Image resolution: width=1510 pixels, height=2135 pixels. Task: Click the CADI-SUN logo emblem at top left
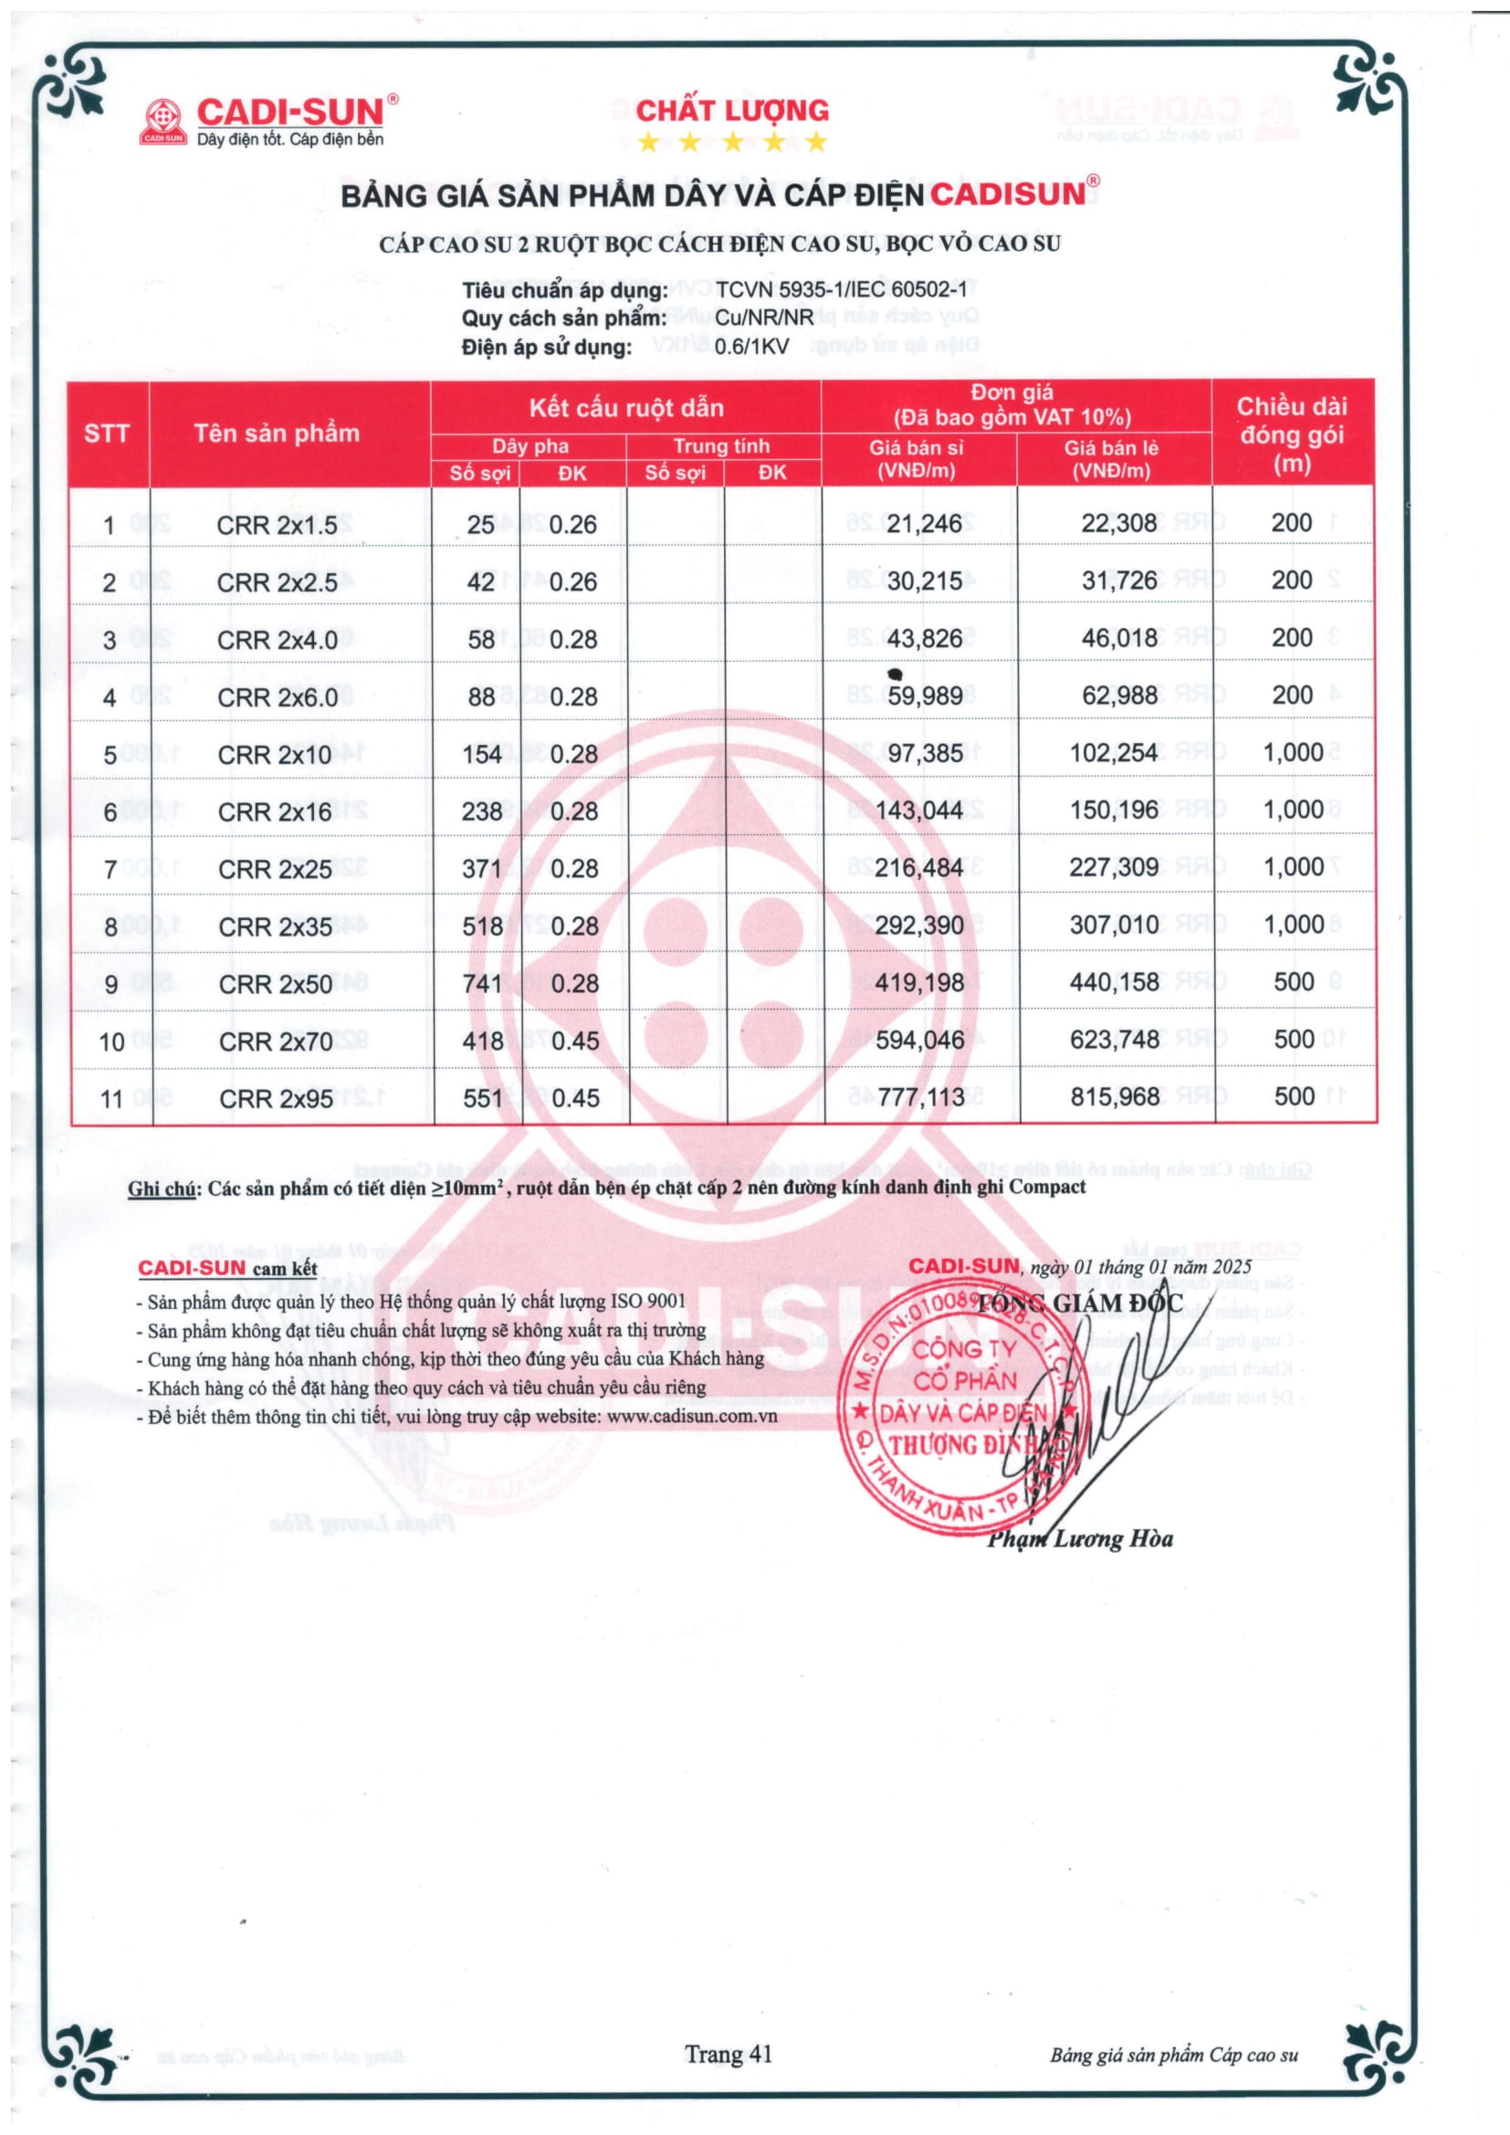(x=163, y=122)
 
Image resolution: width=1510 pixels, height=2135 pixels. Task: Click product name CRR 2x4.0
(x=278, y=641)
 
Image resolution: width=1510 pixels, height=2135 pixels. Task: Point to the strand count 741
(x=483, y=984)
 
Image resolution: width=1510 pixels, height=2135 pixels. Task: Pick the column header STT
(x=107, y=434)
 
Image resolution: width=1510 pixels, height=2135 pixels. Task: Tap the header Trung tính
(x=721, y=446)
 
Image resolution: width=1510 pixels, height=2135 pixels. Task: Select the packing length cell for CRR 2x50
(x=1294, y=982)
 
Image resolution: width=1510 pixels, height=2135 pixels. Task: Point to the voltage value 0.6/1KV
(x=752, y=347)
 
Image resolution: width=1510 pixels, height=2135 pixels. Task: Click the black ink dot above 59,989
(x=896, y=674)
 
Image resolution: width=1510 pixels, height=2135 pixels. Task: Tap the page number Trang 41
(x=728, y=2054)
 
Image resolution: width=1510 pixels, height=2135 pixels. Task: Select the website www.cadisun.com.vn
(x=692, y=1418)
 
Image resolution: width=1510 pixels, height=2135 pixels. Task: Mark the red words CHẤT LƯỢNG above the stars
(x=732, y=110)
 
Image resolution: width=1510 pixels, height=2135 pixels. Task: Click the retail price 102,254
(x=1113, y=753)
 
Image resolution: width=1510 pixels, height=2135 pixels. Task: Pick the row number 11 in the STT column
(x=111, y=1099)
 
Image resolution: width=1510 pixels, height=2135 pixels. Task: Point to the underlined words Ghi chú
(x=162, y=1188)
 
